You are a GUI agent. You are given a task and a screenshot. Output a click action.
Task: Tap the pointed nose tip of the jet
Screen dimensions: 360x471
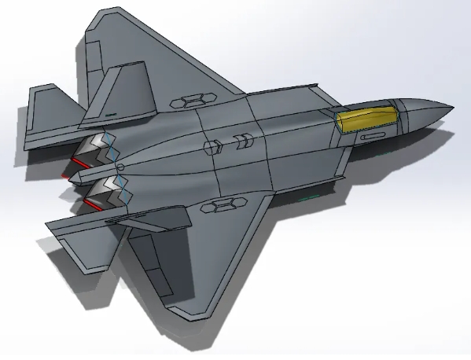[451, 107]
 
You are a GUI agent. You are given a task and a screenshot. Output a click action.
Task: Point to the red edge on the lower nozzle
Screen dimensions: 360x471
[92, 206]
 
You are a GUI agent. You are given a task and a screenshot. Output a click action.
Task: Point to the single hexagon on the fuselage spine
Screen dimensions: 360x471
[211, 146]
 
